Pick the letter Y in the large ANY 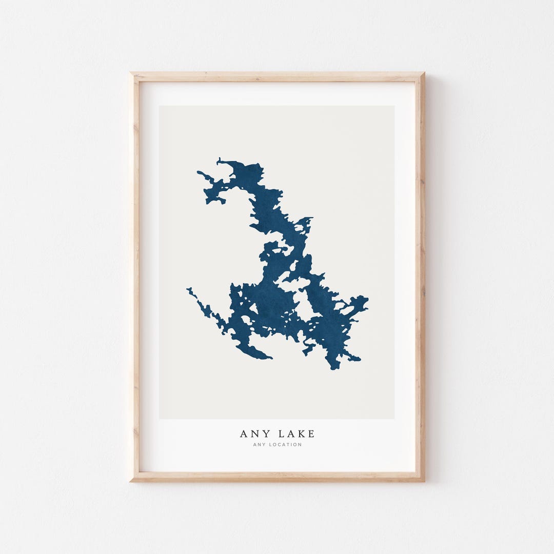[x=262, y=434]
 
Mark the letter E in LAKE [x=311, y=434]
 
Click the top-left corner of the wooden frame [x=131, y=74]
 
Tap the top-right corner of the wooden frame [x=423, y=74]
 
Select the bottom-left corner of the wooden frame [x=131, y=480]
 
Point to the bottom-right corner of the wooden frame [x=423, y=480]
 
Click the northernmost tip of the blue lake [x=219, y=159]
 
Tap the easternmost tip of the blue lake [x=367, y=299]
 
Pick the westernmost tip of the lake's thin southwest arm [x=188, y=289]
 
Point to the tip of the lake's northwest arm [x=198, y=173]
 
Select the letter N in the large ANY [x=251, y=434]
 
